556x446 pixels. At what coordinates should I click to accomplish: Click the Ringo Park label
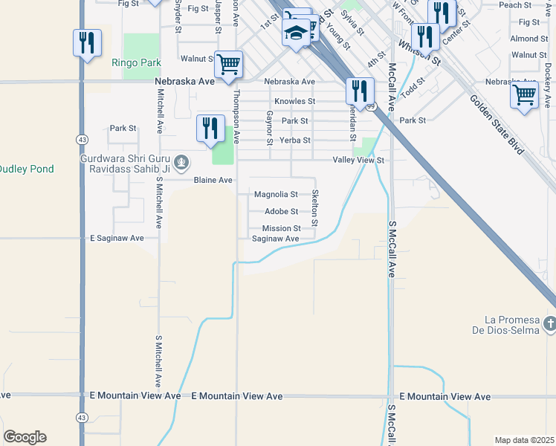[135, 63]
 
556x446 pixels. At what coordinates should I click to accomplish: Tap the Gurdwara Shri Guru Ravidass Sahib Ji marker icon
[181, 161]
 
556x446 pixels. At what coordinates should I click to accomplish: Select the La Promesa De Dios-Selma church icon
[549, 323]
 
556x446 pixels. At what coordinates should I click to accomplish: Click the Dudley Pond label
[26, 169]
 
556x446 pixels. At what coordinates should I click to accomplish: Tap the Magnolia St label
[276, 195]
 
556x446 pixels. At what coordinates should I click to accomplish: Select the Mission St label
[281, 228]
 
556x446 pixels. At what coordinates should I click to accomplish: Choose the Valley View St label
[358, 160]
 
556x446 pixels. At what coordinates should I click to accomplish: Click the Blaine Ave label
[213, 180]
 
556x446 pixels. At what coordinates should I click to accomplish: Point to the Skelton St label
[315, 208]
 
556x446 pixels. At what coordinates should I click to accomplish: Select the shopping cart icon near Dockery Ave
[525, 94]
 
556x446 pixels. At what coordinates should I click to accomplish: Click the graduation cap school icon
[296, 33]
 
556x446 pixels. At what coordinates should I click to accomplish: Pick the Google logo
[25, 437]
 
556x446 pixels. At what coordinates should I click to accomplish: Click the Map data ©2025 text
[523, 440]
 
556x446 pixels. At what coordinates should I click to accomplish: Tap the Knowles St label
[294, 101]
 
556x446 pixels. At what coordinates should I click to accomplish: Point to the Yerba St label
[294, 140]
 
